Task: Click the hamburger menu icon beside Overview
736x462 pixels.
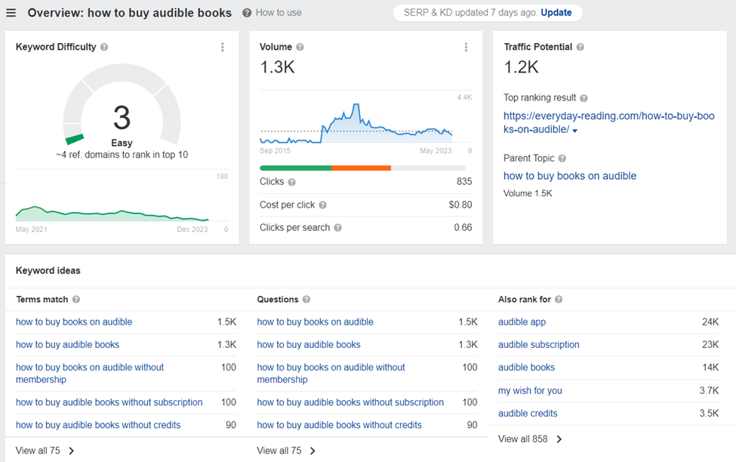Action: [11, 13]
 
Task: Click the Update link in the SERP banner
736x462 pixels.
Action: [556, 13]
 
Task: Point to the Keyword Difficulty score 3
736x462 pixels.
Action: [122, 119]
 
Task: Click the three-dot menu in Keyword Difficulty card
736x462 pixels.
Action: [222, 47]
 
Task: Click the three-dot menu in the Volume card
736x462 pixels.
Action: [466, 47]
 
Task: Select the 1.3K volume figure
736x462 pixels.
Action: [277, 68]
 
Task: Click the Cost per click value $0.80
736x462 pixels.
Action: [460, 205]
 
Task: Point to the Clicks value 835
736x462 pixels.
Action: [463, 182]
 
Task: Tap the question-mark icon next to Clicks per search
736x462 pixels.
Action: [337, 228]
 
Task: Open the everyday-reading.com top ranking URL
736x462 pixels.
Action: [608, 122]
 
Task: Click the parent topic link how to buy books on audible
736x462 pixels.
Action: [569, 176]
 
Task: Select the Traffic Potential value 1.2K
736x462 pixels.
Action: [521, 68]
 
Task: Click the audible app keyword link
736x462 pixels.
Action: [522, 322]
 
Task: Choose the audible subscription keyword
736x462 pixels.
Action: [538, 344]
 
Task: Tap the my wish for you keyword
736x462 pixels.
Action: [530, 390]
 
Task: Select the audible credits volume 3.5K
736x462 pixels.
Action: [710, 413]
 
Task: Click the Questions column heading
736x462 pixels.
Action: [277, 299]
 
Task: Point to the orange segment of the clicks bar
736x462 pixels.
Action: [361, 168]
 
